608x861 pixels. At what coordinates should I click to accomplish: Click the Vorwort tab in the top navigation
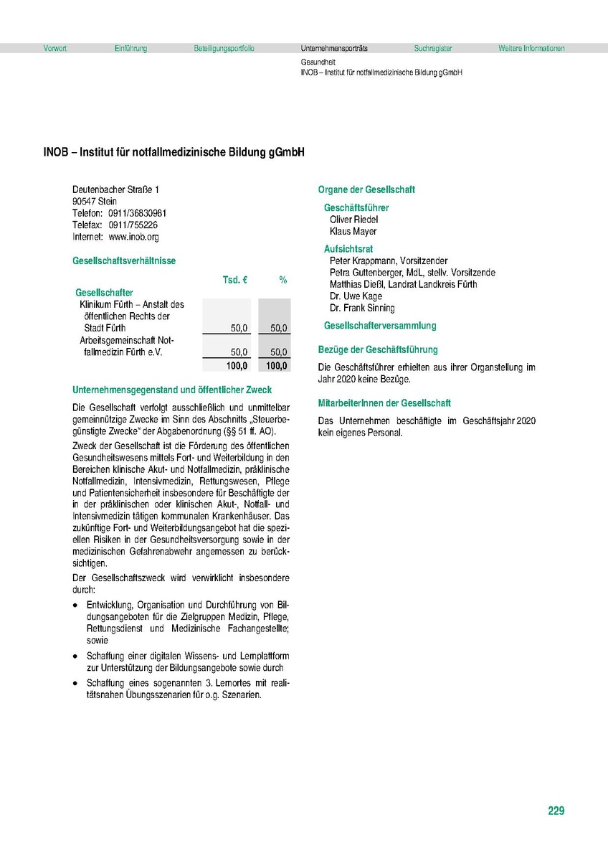point(54,49)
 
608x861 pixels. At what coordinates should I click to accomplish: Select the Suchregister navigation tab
point(433,49)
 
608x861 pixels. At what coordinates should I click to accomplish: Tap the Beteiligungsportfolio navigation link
point(224,49)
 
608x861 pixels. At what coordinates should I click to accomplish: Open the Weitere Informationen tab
point(531,49)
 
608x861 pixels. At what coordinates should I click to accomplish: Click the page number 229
point(556,811)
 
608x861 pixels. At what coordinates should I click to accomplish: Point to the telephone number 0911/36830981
point(138,213)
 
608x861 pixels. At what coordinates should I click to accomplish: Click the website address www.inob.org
point(133,236)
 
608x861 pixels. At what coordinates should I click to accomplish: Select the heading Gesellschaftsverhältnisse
point(123,261)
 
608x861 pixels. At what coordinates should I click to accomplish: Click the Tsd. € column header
point(235,280)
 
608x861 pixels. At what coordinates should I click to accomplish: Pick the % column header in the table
point(283,280)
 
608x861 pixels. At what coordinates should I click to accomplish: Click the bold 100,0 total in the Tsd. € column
point(237,366)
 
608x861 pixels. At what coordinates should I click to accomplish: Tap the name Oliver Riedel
point(353,220)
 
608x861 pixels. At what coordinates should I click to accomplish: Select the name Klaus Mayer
point(353,231)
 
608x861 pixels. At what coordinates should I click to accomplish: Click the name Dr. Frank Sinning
point(362,308)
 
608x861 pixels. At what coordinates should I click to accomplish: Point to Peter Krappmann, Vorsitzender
point(388,261)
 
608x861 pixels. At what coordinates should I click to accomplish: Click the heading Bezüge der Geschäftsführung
point(377,349)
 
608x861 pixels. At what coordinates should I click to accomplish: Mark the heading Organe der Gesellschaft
point(366,189)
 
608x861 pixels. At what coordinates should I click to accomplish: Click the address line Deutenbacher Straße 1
point(115,189)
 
